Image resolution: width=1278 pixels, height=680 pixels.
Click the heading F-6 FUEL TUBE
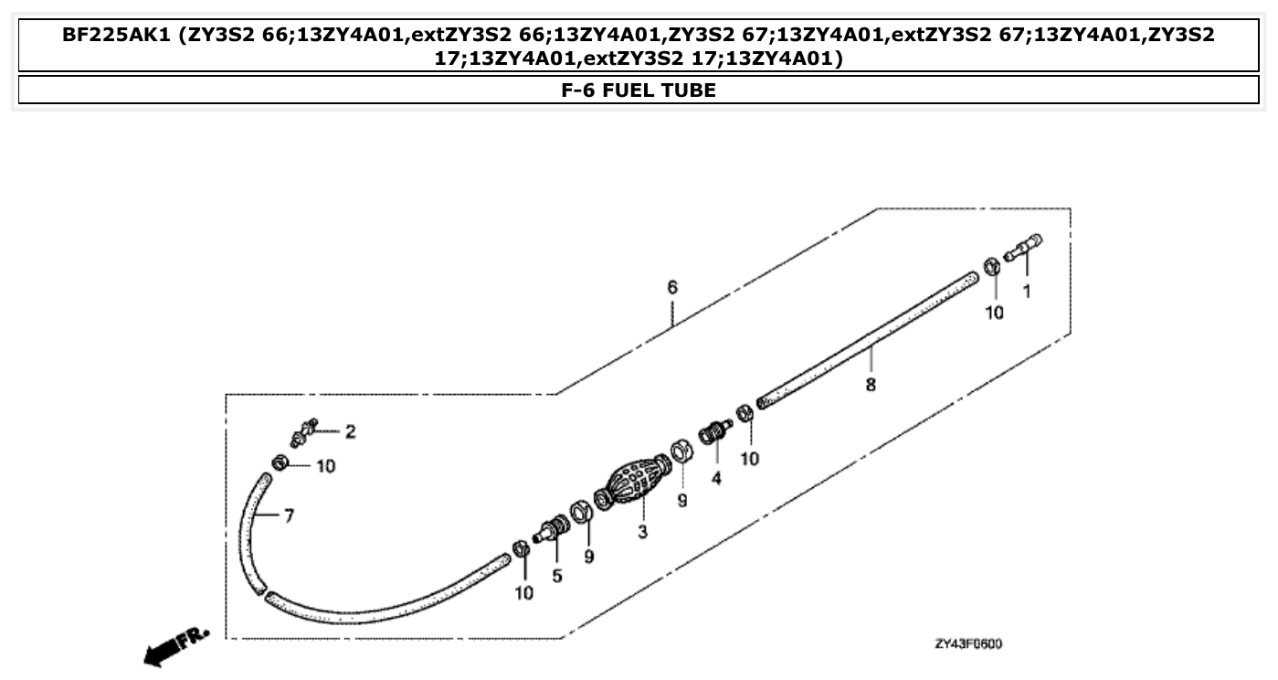(638, 90)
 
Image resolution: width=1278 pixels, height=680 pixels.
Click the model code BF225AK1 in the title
(118, 36)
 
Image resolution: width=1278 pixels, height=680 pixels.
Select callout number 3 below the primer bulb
(642, 531)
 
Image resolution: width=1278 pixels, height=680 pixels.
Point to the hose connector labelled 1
(1023, 247)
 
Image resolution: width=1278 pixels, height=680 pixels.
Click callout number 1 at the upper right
(1026, 292)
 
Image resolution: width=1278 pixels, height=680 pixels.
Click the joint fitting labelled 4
(714, 430)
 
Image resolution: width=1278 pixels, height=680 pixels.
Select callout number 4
(716, 477)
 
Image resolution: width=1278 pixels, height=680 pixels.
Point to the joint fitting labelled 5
(554, 530)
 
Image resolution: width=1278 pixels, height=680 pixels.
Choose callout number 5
(556, 576)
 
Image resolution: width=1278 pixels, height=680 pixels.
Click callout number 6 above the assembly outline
(672, 287)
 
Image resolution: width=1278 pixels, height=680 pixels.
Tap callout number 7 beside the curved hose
(288, 516)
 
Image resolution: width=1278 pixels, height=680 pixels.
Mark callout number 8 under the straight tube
(871, 385)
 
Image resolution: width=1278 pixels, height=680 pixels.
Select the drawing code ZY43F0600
(968, 643)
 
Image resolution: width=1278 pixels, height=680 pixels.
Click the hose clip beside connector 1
(990, 266)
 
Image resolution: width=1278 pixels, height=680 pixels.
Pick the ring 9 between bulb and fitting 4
(680, 450)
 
